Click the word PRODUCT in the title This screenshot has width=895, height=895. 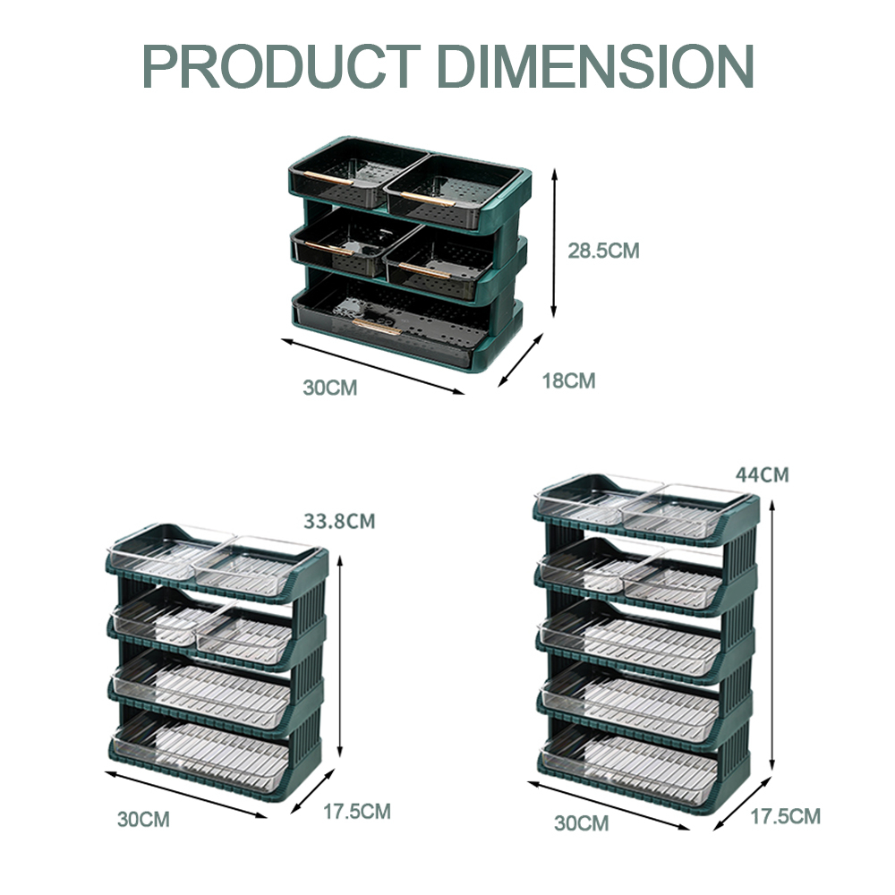(281, 66)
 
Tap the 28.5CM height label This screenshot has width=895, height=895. (603, 251)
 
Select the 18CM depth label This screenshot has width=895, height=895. (568, 380)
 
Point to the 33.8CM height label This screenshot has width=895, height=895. (339, 521)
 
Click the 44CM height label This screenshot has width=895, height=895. (762, 474)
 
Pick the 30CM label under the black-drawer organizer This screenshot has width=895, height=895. (330, 388)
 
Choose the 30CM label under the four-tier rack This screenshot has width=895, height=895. (144, 819)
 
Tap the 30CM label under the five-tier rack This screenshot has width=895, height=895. (581, 823)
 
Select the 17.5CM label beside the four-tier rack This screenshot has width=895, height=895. (357, 811)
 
